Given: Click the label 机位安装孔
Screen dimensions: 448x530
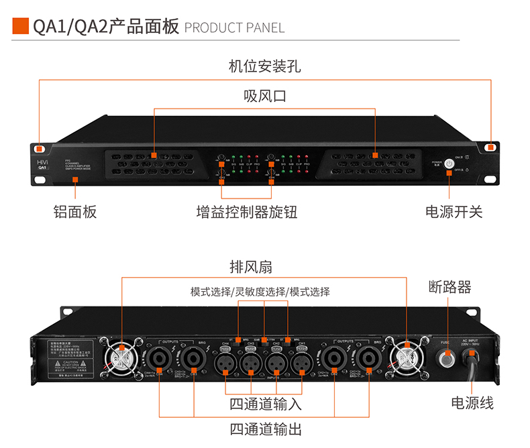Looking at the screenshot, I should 265,66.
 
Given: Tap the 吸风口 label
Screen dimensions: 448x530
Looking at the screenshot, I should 265,96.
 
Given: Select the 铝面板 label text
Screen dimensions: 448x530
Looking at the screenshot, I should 75,212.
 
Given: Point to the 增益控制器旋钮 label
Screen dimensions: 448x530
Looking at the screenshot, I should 247,212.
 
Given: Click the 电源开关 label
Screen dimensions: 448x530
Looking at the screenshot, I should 454,212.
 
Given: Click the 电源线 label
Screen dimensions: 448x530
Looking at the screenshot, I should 472,402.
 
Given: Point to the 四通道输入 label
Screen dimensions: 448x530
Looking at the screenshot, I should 266,404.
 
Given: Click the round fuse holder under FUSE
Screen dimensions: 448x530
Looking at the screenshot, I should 445,358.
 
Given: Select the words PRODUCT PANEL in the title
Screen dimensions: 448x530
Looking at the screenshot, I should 234,27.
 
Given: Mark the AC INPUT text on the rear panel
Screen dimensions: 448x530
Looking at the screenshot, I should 469,341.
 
